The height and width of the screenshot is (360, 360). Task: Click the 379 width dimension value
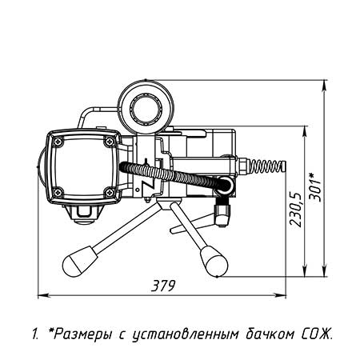[x=163, y=286]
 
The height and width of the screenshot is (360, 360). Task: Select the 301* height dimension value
[x=314, y=186]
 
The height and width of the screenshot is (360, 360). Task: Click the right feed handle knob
[x=214, y=262]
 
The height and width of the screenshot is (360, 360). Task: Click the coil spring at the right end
[x=267, y=166]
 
